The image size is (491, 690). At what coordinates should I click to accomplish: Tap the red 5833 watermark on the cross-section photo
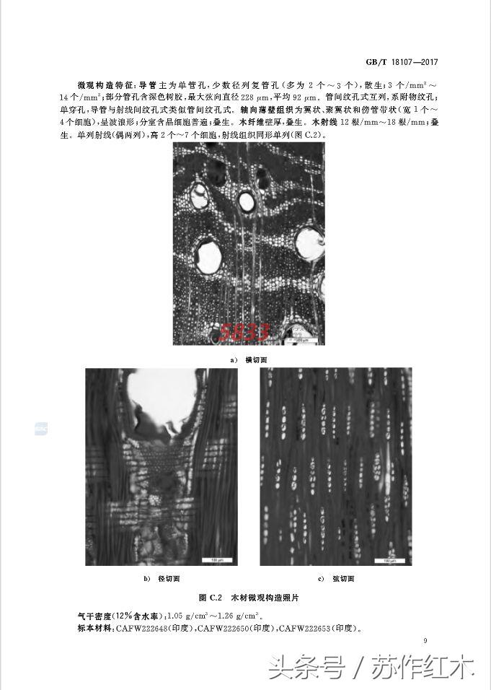click(244, 332)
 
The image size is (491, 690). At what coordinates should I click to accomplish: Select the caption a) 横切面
click(248, 359)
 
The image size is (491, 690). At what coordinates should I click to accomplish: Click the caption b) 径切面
click(162, 579)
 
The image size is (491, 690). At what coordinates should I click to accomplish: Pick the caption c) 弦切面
click(336, 579)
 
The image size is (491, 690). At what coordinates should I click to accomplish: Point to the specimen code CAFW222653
click(305, 628)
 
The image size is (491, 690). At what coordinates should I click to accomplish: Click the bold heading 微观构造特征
click(105, 84)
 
